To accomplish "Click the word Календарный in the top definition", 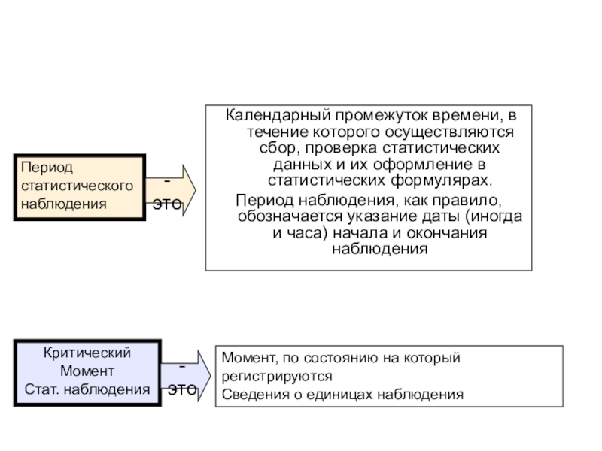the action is (x=278, y=115).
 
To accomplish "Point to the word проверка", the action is (x=342, y=148).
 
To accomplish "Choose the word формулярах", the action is (x=442, y=181).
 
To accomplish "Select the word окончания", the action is (x=447, y=233).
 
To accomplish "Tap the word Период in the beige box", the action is (x=47, y=168).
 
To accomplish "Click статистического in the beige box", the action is (x=78, y=186).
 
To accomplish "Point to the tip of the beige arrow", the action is (x=196, y=190).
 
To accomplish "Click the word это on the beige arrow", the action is (x=167, y=204).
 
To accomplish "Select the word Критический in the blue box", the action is (x=87, y=353).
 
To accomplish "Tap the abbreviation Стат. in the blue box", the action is (x=42, y=389).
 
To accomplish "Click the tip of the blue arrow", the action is (x=211, y=375).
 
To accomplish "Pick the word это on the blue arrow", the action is (x=182, y=389).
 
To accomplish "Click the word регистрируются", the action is (x=277, y=377).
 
